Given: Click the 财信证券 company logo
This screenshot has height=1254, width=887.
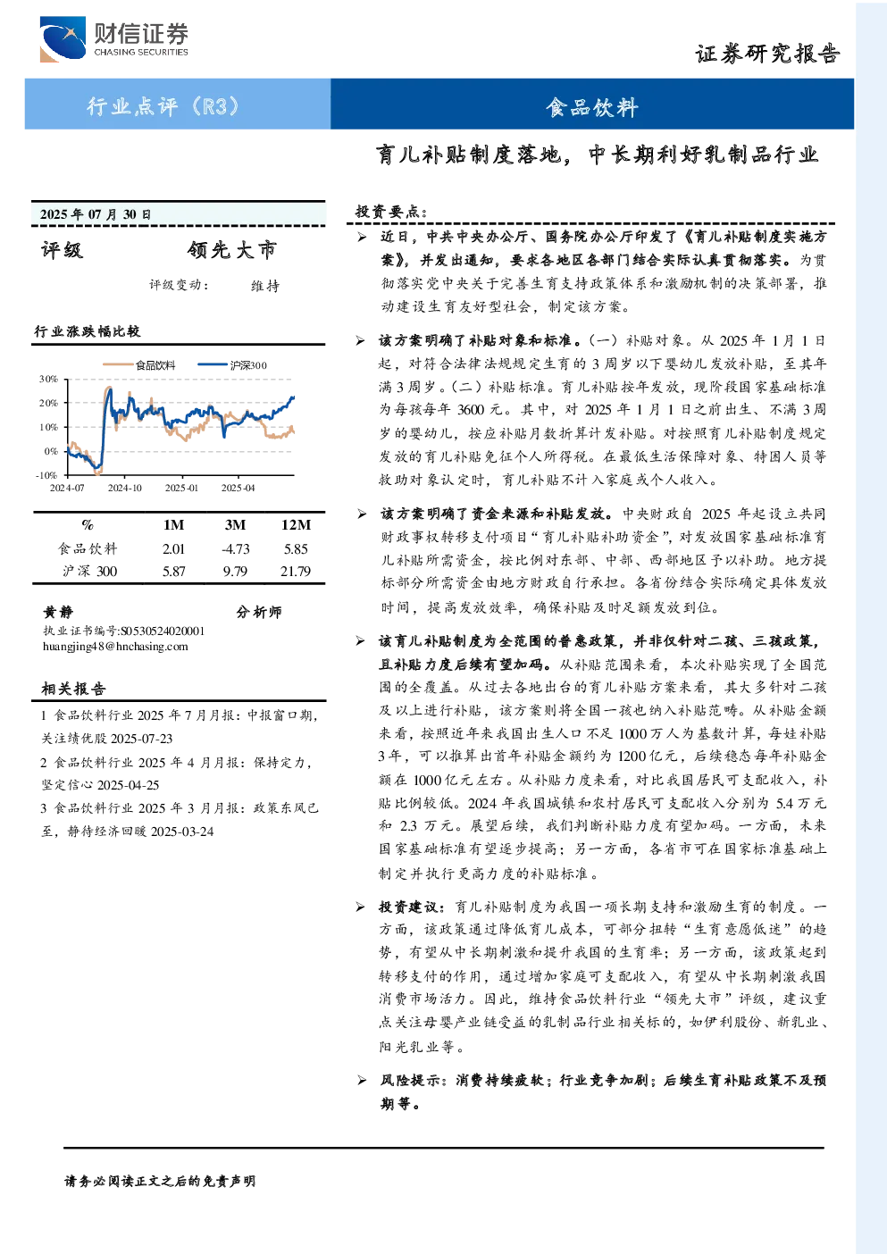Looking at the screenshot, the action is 113,38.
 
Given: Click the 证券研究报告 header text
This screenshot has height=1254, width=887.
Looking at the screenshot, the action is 767,54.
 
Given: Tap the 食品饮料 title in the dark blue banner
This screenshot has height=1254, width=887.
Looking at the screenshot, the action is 592,107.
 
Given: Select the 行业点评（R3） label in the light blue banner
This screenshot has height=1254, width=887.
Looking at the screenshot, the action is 163,105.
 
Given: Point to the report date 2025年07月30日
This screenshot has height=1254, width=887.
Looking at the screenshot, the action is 96,214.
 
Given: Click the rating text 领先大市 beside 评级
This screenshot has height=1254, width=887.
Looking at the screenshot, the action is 232,250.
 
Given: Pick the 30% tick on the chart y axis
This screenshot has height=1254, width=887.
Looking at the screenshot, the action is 49,379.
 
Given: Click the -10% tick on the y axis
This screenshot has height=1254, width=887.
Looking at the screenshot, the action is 47,475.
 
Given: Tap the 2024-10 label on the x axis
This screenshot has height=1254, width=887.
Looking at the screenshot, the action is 125,489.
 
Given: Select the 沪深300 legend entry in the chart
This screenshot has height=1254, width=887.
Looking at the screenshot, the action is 232,365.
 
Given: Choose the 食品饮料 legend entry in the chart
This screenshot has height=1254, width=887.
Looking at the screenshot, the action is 139,365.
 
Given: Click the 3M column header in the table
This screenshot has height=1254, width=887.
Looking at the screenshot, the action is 235,525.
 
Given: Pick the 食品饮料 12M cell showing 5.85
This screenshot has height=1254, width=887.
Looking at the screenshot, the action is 296,549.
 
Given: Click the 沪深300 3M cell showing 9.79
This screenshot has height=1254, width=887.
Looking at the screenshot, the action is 235,572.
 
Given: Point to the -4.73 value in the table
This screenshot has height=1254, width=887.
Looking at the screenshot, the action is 235,549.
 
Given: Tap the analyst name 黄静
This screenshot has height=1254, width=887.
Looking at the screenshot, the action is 58,612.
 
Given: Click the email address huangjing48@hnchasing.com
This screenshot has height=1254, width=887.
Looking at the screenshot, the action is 115,647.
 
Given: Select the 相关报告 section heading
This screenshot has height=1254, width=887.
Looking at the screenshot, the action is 73,689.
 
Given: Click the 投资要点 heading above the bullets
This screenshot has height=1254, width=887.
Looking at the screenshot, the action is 391,212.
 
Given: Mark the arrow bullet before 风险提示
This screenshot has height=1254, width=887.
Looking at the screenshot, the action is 362,1081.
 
